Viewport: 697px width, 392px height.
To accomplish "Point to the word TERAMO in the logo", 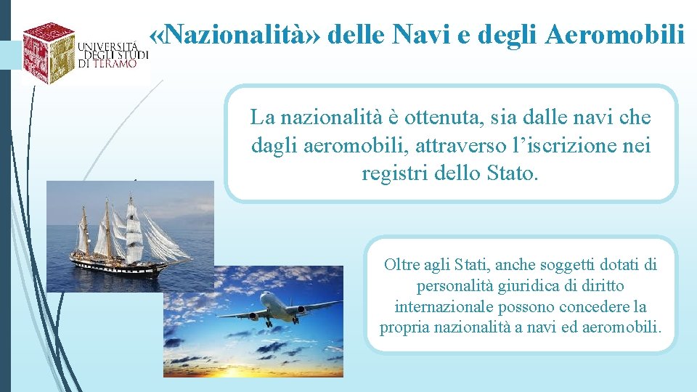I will click(114, 63).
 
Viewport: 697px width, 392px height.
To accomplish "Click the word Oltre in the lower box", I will click(402, 265).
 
